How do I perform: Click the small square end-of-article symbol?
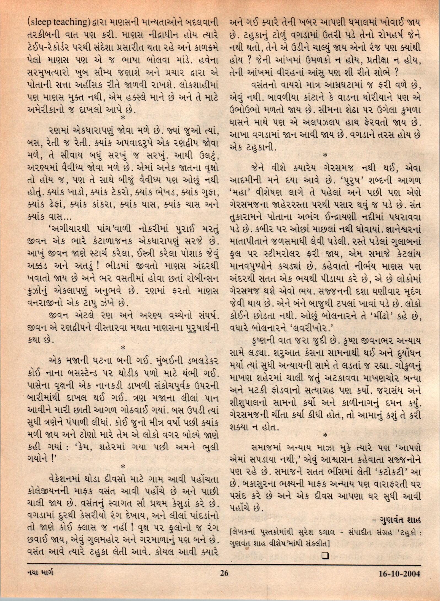click(325, 548)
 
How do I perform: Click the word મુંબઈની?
click(160, 360)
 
